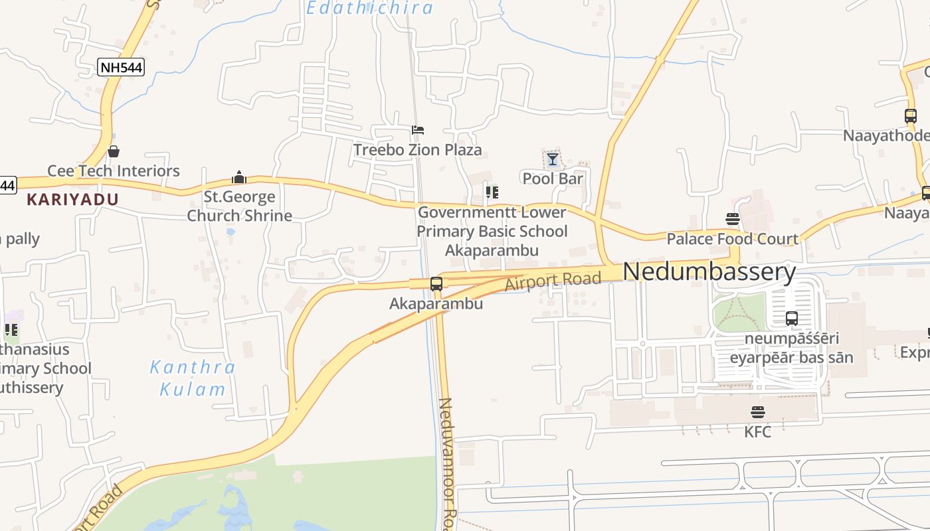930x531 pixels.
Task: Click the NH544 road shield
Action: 120,66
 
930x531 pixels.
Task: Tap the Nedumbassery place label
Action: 709,272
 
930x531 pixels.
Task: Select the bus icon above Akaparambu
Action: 436,284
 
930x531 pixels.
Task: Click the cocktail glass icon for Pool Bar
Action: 552,159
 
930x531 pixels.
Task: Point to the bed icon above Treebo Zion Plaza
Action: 417,130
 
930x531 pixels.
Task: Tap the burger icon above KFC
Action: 757,412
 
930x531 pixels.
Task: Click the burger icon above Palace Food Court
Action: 733,219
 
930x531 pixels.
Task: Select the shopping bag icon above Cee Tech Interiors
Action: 114,151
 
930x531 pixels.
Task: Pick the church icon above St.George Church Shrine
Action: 239,177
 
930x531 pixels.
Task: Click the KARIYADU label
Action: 72,199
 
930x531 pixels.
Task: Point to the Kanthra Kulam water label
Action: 192,378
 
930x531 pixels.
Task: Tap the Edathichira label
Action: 369,8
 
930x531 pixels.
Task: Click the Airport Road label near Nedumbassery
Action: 553,281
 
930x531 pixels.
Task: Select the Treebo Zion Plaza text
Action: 417,150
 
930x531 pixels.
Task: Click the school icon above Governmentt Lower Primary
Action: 492,192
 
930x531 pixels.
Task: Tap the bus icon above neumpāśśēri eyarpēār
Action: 791,318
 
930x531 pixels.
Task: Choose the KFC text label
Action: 757,432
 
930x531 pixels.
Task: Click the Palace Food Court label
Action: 732,239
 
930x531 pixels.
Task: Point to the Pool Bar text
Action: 553,179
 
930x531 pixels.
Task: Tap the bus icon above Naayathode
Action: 910,116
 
